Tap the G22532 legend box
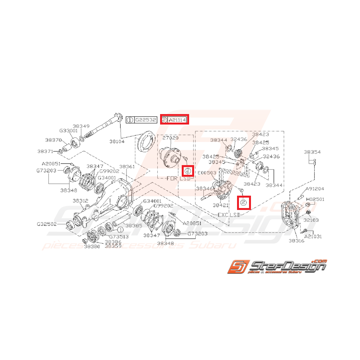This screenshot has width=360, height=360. click(x=145, y=120)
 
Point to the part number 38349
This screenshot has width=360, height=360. click(x=81, y=126)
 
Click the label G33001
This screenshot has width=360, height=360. click(x=68, y=131)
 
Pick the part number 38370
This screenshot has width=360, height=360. click(x=53, y=140)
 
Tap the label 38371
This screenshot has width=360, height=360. click(x=45, y=151)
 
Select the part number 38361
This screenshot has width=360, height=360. click(x=127, y=167)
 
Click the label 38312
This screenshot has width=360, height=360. click(x=81, y=201)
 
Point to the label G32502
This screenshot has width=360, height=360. click(x=46, y=224)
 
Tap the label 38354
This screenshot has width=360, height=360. click(x=312, y=152)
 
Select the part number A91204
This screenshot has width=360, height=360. click(x=315, y=189)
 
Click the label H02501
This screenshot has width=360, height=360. click(x=315, y=199)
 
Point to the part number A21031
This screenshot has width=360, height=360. click(x=313, y=236)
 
